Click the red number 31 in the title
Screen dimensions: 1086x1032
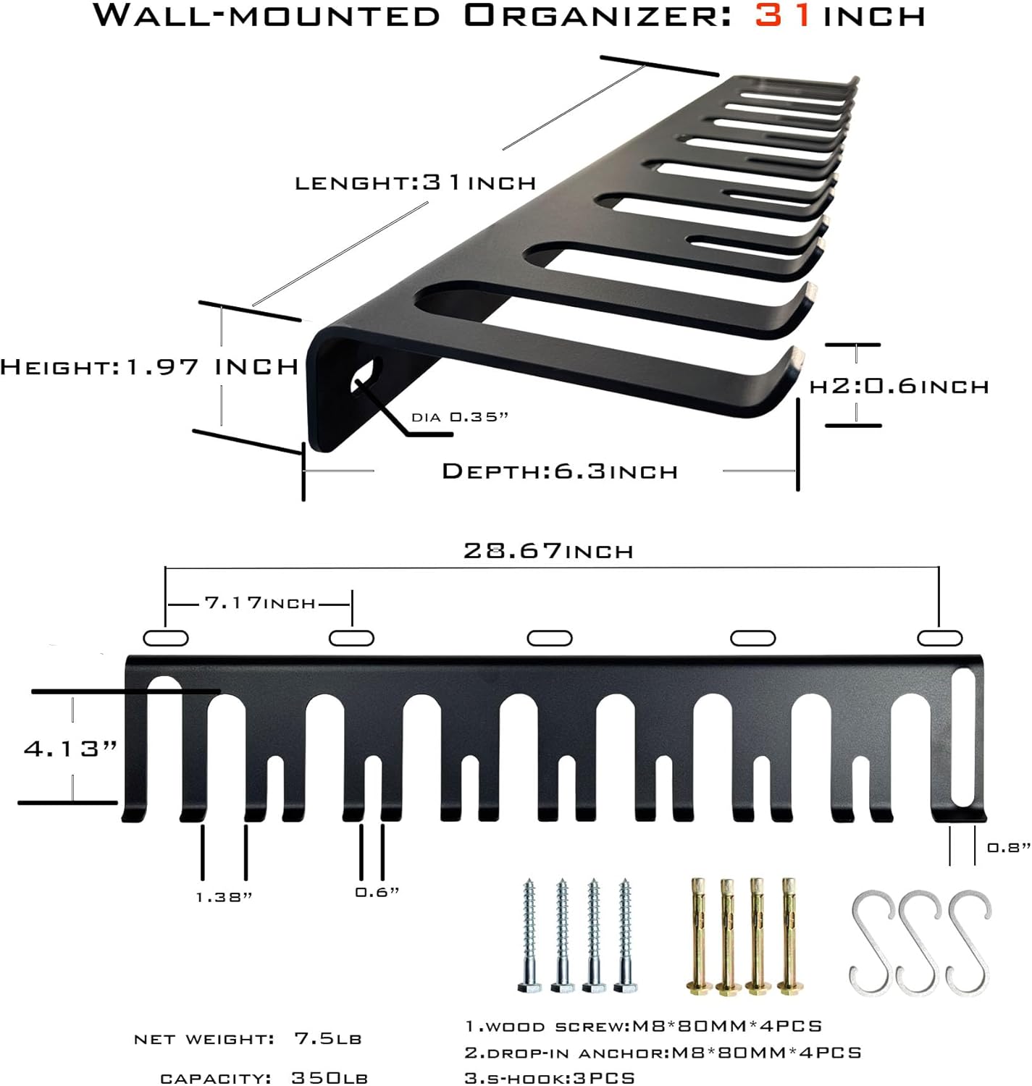[x=784, y=15]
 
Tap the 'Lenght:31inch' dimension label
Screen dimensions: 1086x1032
[x=415, y=182]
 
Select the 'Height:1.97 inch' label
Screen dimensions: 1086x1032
[x=149, y=366]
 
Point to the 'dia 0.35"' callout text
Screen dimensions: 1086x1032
[x=460, y=417]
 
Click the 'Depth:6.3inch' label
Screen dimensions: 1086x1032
[x=560, y=471]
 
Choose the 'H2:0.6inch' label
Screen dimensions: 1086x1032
[x=899, y=386]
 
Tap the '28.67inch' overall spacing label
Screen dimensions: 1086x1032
[x=548, y=551]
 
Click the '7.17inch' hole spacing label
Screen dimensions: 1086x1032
[x=260, y=602]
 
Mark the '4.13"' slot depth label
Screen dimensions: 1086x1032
[x=70, y=748]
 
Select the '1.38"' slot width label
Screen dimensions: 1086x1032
[x=224, y=897]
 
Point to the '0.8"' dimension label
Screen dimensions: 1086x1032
[x=1009, y=847]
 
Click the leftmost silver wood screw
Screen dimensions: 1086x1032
[x=529, y=935]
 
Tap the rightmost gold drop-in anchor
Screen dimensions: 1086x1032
[x=789, y=935]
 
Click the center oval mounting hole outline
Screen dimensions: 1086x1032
[x=550, y=638]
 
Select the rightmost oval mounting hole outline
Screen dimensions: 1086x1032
[x=939, y=638]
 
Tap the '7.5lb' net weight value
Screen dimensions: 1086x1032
[x=327, y=1039]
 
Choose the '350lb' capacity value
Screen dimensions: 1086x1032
[x=330, y=1077]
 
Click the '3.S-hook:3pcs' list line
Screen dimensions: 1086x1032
[x=550, y=1077]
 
